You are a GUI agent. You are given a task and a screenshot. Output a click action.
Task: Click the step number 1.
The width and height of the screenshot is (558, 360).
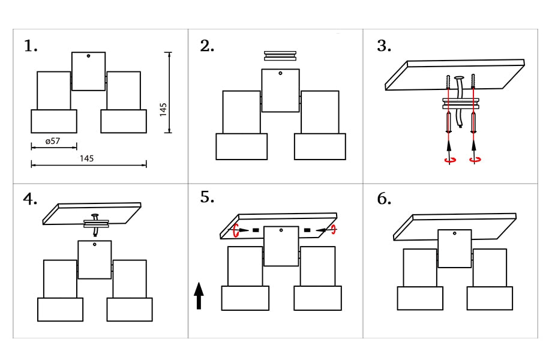(31, 46)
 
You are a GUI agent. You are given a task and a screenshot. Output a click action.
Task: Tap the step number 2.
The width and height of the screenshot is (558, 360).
(207, 46)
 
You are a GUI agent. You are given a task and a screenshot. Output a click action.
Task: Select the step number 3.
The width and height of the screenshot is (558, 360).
(384, 46)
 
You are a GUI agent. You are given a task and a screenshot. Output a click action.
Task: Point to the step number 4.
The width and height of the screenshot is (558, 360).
(31, 199)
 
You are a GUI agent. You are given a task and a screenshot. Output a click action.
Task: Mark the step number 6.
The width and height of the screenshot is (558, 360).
(384, 199)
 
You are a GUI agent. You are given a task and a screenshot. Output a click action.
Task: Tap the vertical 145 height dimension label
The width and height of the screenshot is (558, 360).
(164, 110)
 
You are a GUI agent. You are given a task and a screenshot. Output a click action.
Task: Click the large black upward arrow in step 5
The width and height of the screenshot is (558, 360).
(199, 296)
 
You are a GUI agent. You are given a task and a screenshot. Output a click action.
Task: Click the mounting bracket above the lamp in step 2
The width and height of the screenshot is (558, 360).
(280, 56)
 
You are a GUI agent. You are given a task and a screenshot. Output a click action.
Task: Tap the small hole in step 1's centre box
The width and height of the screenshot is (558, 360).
(88, 56)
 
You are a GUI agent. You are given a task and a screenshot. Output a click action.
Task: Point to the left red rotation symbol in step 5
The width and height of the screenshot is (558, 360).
(237, 230)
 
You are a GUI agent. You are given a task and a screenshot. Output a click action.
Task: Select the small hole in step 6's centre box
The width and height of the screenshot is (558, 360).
(454, 233)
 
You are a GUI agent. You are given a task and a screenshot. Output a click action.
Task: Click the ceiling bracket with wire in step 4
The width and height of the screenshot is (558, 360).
(96, 223)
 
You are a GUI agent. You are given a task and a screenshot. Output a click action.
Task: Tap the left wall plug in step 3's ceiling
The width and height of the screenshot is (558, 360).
(449, 82)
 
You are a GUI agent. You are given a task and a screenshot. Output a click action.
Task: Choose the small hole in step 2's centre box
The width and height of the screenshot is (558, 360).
(280, 73)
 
